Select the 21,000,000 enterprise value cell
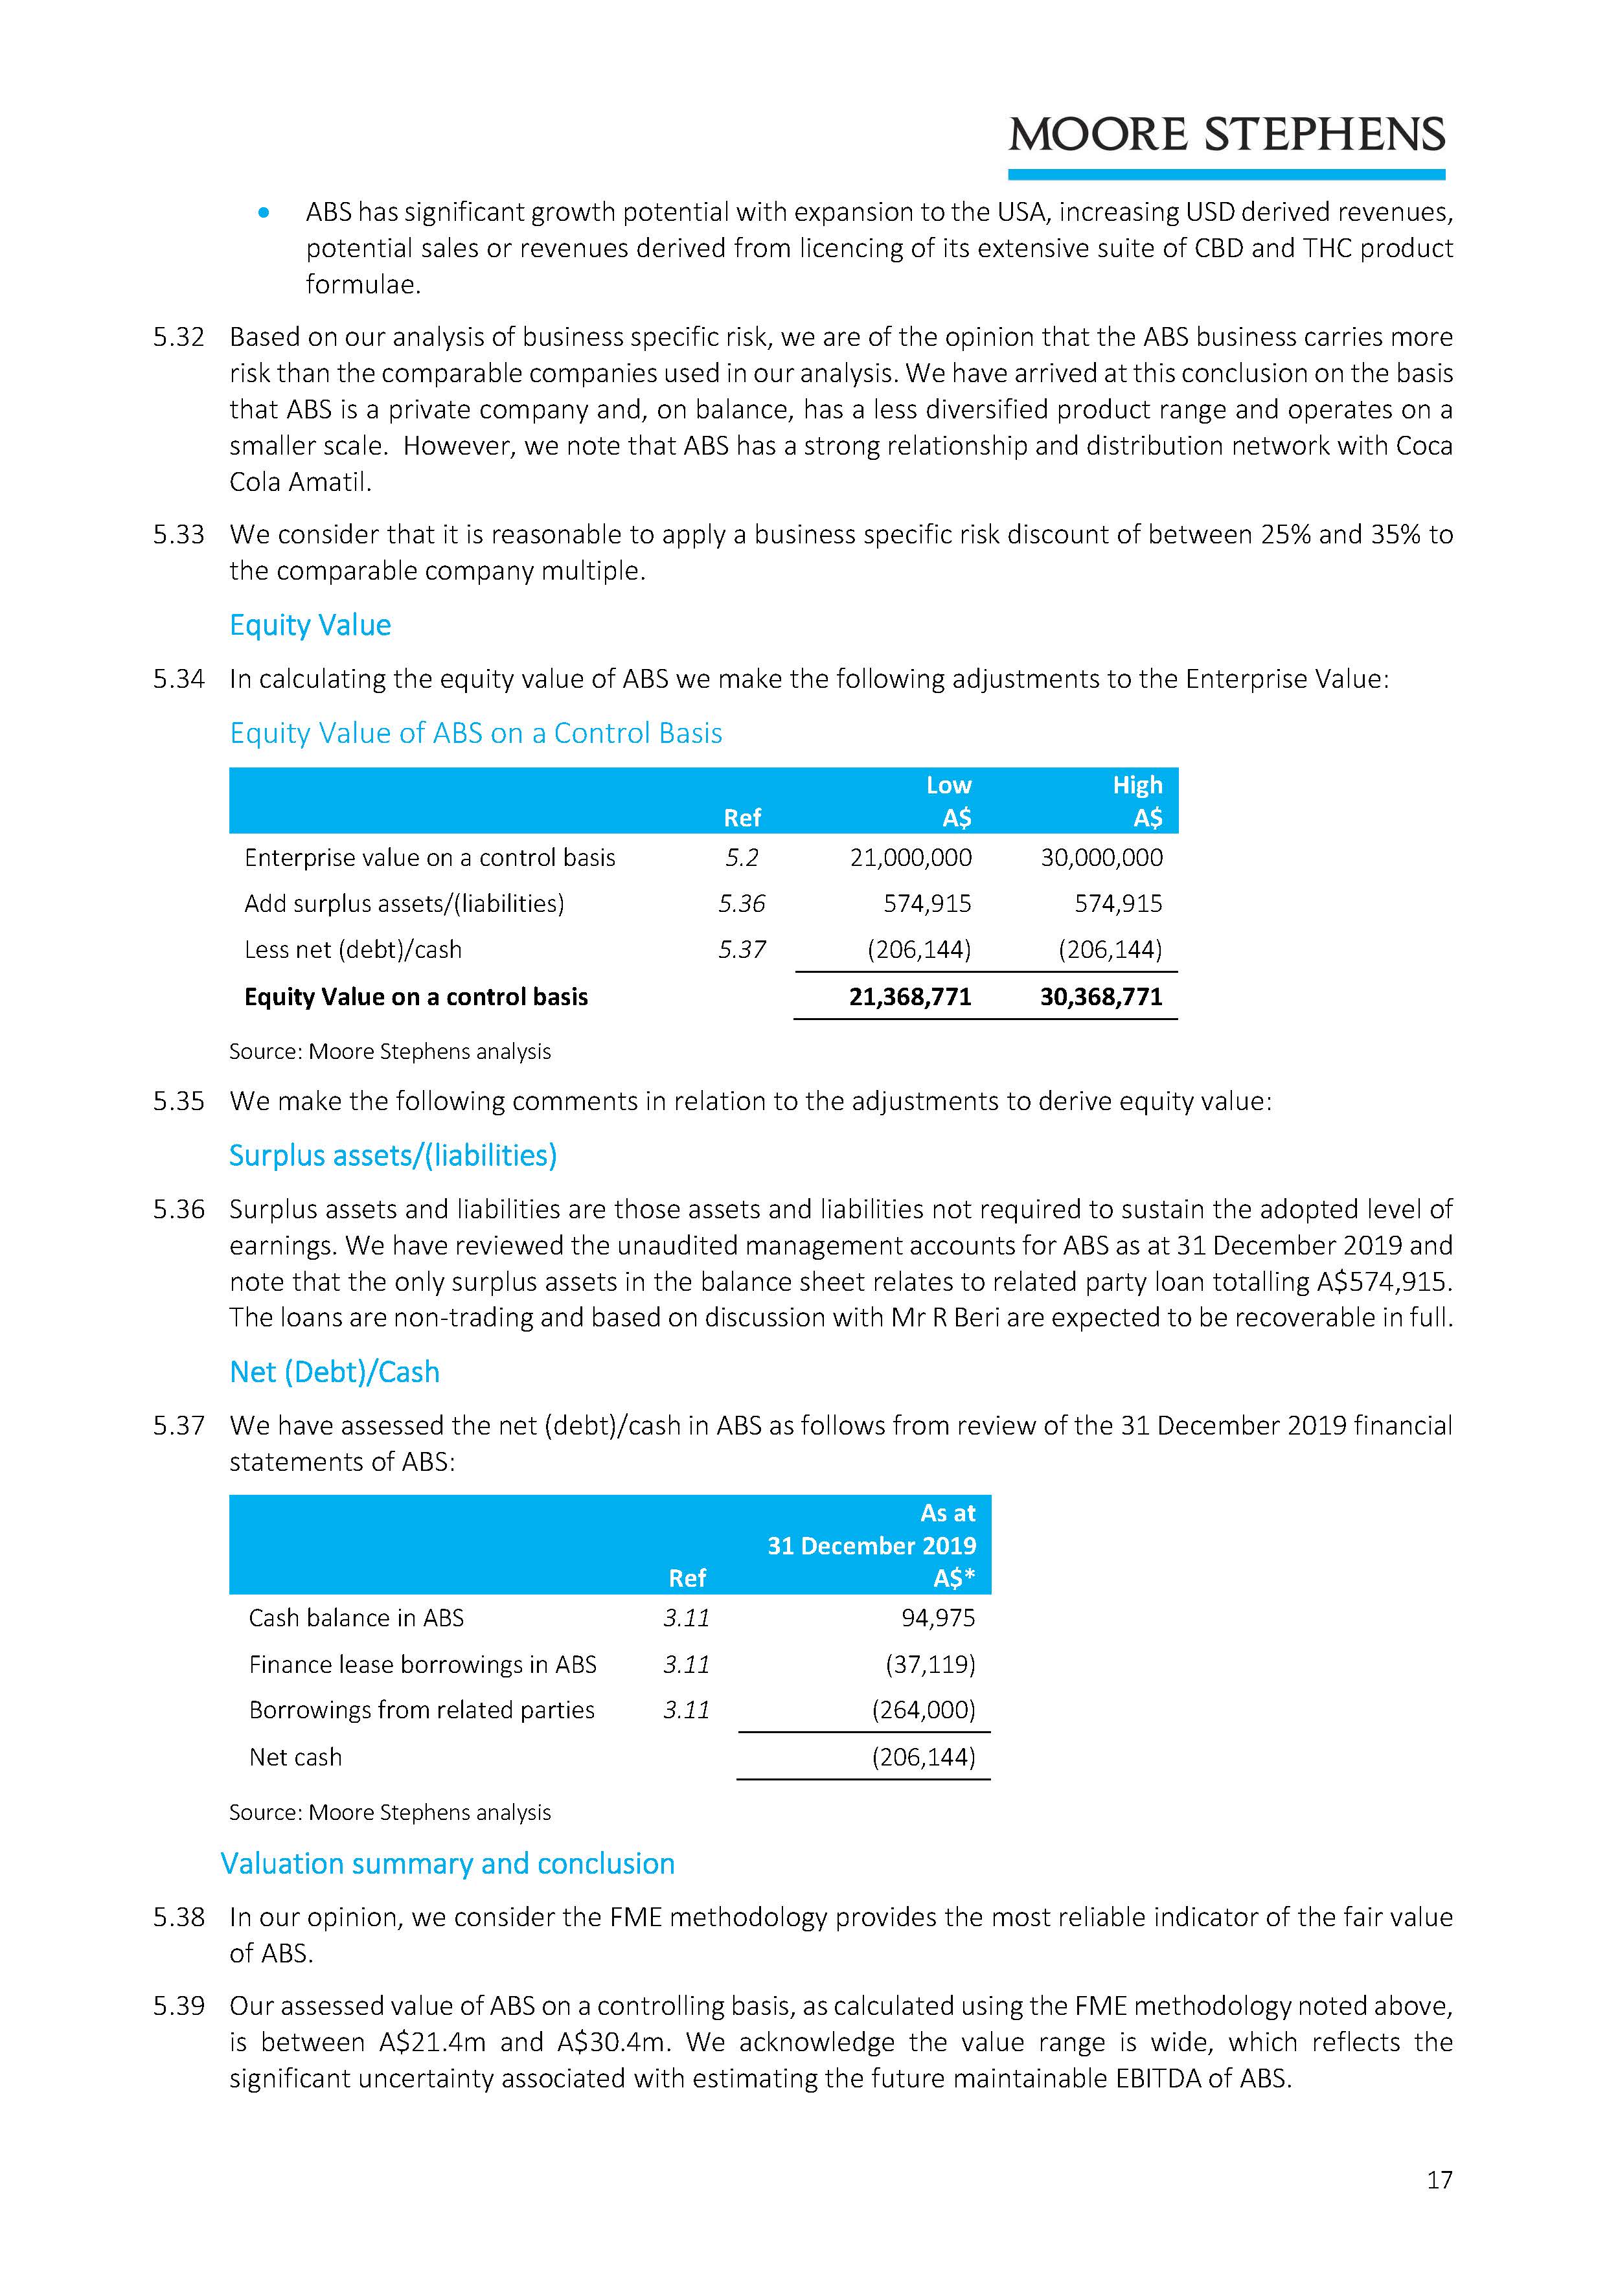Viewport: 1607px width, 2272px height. pos(910,858)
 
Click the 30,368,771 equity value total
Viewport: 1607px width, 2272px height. pos(1100,997)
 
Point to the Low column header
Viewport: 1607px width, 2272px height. pos(948,786)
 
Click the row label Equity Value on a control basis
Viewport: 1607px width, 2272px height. pos(416,997)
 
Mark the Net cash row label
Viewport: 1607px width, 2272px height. pos(295,1758)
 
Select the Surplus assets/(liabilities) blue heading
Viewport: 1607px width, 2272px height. pos(393,1156)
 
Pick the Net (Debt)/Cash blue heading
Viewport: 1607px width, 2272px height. pos(334,1372)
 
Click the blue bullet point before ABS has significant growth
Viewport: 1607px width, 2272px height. pos(263,212)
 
